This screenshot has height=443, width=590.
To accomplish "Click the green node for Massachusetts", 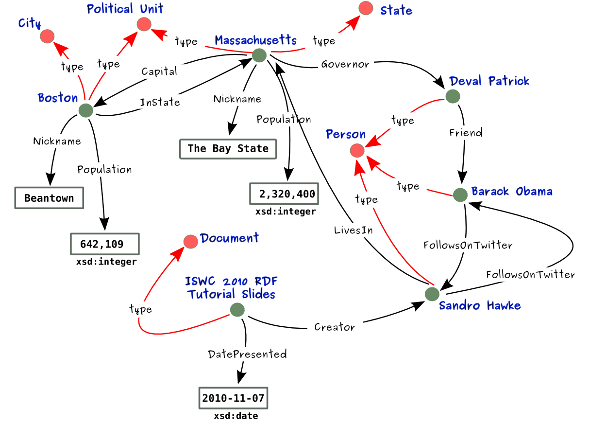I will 259,55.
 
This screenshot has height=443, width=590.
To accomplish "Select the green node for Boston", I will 85,110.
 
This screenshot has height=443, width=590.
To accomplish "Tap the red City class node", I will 47,36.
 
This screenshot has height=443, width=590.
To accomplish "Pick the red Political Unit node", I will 144,24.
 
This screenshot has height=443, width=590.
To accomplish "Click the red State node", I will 366,8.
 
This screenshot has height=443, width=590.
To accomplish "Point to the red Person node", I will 357,151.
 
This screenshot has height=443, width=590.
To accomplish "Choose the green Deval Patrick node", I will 453,96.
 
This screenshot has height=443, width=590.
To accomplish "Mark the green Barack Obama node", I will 460,195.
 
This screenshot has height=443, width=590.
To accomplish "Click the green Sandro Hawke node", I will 432,294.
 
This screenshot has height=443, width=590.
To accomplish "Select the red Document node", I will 191,241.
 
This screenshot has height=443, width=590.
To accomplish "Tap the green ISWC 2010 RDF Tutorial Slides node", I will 237,310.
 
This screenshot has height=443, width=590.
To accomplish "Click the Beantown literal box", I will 49,198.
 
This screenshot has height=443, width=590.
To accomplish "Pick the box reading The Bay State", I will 228,149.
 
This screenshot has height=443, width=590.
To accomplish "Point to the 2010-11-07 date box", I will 233,398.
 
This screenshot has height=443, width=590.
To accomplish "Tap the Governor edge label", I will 345,64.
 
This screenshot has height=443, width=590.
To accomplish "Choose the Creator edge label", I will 334,327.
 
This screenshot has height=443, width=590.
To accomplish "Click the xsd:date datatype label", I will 236,416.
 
